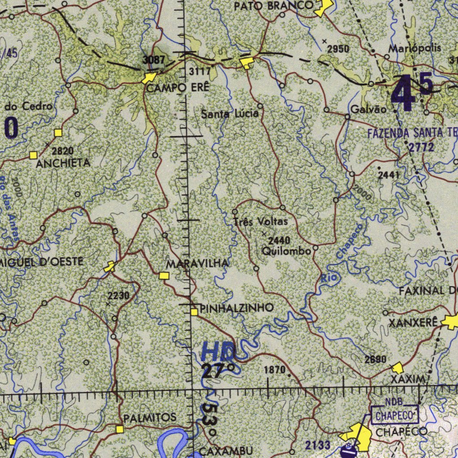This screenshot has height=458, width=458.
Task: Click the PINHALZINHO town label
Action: click(237, 308)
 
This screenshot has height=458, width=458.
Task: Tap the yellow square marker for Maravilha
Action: click(164, 276)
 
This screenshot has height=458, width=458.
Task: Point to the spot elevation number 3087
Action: click(154, 59)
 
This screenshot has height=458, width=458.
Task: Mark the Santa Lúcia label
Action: click(229, 114)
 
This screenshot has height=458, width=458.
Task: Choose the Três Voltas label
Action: click(260, 222)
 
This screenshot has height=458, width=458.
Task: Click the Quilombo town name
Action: click(286, 251)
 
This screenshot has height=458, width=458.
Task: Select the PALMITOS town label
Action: click(150, 418)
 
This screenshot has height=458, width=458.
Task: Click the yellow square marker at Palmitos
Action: click(119, 429)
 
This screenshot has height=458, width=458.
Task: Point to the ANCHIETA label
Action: click(63, 163)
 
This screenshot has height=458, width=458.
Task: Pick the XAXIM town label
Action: click(407, 380)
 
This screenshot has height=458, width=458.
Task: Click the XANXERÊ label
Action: click(412, 322)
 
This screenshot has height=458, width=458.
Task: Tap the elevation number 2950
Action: click(338, 49)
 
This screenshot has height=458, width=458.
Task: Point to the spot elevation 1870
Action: click(275, 370)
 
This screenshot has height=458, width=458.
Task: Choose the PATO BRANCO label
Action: click(274, 6)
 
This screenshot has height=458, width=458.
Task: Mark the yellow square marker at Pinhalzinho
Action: click(194, 312)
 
